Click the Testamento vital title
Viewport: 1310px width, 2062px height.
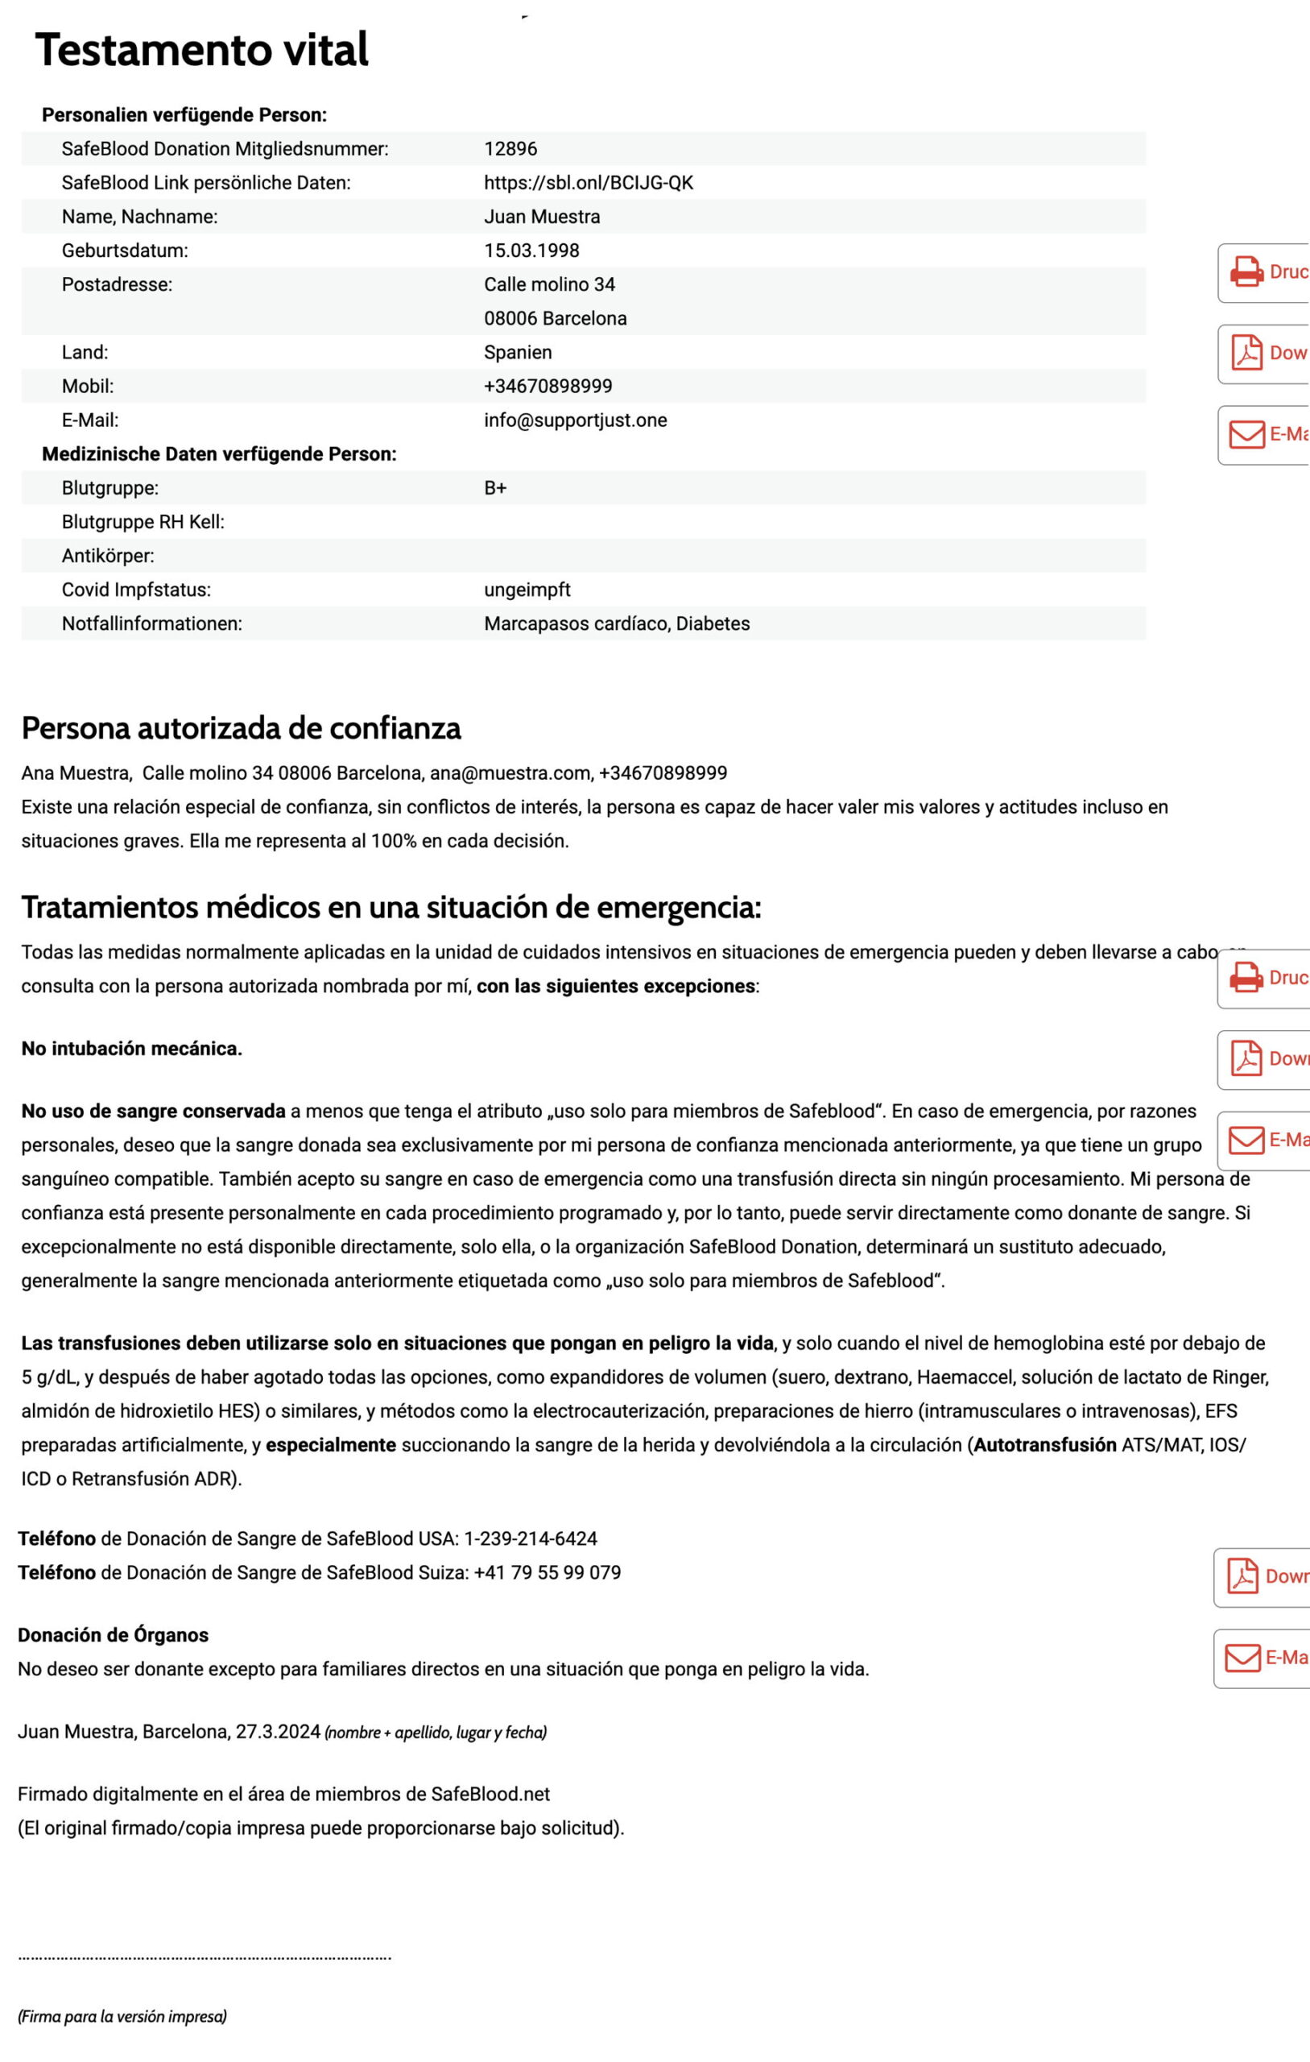[202, 50]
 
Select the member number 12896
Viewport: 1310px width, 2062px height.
[510, 149]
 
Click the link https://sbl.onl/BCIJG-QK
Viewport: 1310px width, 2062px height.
[589, 182]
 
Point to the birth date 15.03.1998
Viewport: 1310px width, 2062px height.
[531, 251]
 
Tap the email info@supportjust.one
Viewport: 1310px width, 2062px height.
[576, 420]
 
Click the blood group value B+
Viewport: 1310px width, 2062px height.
[495, 488]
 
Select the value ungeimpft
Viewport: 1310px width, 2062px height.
[527, 590]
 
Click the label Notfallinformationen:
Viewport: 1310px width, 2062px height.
[151, 623]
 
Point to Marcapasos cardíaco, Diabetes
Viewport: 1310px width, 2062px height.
[617, 623]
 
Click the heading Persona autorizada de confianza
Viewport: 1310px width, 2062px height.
[241, 728]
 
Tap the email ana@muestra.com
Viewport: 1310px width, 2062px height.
[510, 773]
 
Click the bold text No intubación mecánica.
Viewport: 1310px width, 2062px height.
[132, 1049]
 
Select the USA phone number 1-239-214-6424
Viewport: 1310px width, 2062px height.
[530, 1538]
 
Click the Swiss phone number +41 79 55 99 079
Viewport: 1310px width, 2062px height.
[548, 1573]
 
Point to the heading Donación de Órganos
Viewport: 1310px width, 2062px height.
[113, 1635]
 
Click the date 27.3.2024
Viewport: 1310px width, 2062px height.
[278, 1732]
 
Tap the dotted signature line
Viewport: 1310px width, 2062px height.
[205, 1956]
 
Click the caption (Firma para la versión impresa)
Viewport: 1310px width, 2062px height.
[122, 2017]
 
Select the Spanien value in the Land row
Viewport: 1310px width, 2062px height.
[517, 352]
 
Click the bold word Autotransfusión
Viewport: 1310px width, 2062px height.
[1044, 1446]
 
